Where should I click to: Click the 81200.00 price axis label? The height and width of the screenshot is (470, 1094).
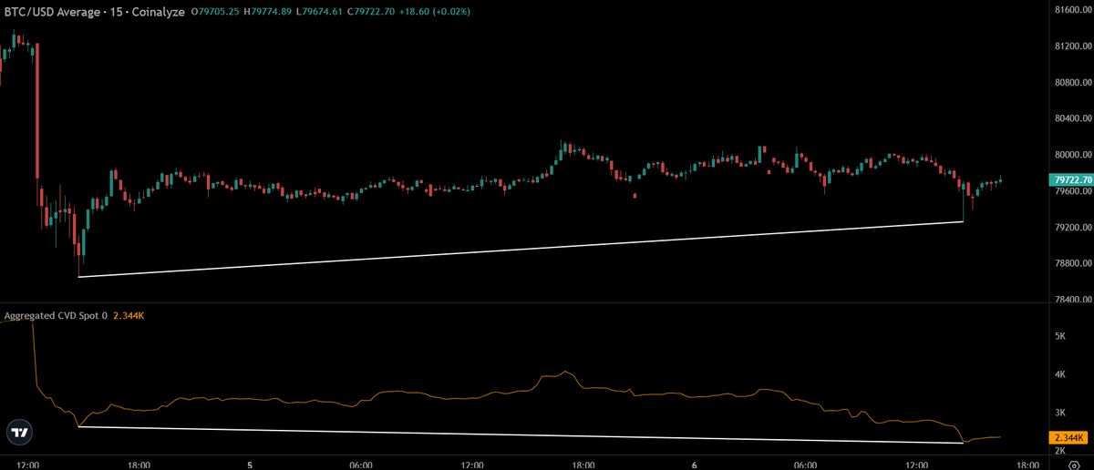[1073, 46]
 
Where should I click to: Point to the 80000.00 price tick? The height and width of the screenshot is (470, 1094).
[1073, 154]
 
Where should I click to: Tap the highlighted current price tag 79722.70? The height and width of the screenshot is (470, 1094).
[1072, 179]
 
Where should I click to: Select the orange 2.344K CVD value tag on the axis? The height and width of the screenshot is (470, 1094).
[1068, 437]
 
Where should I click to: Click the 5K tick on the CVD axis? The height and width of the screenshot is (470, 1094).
[1060, 336]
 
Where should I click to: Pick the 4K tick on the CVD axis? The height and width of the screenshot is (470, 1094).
[1060, 374]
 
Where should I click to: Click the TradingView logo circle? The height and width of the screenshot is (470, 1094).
[19, 433]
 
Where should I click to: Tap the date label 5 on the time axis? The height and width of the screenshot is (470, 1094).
[250, 465]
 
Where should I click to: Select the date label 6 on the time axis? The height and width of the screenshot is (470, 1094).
[694, 465]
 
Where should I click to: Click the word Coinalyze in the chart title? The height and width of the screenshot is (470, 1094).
[159, 12]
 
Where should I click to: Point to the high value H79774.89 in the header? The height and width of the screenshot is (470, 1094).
[267, 11]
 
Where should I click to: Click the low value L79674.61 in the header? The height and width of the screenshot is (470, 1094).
[319, 11]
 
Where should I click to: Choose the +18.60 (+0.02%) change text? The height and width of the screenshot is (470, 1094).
[435, 11]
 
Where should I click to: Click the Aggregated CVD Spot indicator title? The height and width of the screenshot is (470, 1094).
[56, 316]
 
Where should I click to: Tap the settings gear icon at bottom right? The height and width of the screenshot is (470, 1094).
[1074, 465]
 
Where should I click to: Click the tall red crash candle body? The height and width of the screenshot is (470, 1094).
[37, 110]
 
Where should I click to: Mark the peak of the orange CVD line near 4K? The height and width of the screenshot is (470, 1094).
[565, 372]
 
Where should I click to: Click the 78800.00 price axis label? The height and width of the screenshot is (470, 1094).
[1073, 263]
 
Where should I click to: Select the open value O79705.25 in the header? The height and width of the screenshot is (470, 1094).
[215, 11]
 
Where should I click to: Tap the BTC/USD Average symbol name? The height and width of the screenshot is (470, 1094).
[52, 12]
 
